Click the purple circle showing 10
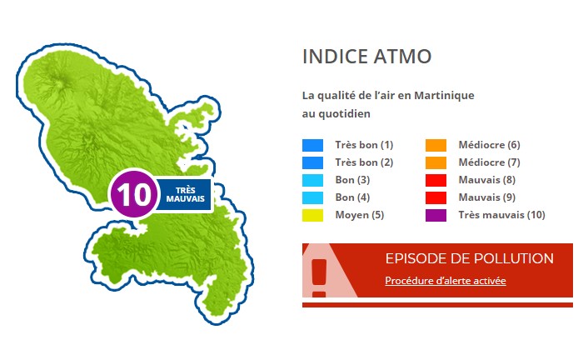click(x=133, y=194)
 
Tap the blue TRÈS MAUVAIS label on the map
click(x=185, y=194)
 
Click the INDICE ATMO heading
click(x=366, y=57)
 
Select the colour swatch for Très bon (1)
click(x=313, y=145)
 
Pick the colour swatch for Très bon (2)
click(x=313, y=163)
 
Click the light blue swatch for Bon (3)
click(x=313, y=180)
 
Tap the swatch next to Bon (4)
click(x=313, y=197)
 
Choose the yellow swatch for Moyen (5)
click(x=313, y=216)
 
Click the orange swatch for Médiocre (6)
click(x=436, y=145)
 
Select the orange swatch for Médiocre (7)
click(x=436, y=163)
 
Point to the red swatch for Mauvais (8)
click(x=436, y=180)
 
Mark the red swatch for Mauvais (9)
click(x=436, y=197)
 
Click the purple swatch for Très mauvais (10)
click(x=436, y=216)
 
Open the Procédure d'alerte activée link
click(x=446, y=281)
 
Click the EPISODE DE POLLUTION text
click(x=470, y=258)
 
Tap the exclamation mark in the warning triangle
click(x=319, y=277)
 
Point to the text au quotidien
click(x=336, y=113)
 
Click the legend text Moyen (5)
click(x=360, y=215)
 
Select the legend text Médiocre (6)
click(x=490, y=145)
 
